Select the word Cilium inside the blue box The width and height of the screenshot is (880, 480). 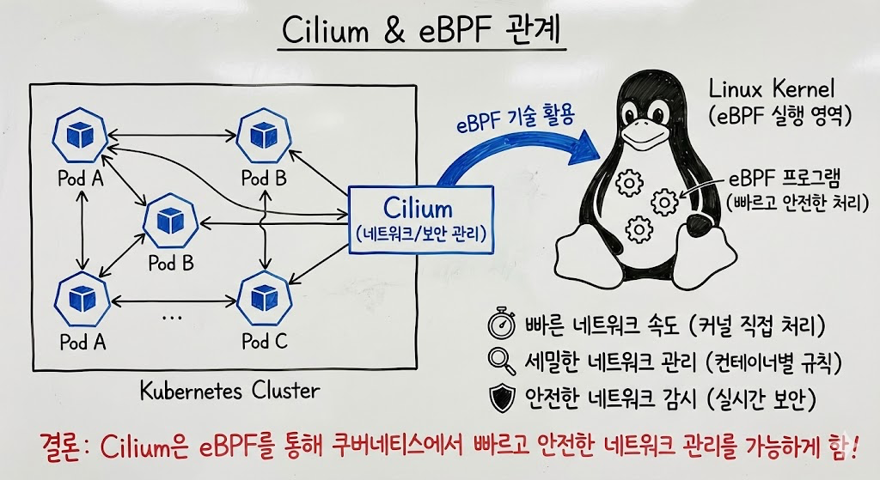click(x=418, y=208)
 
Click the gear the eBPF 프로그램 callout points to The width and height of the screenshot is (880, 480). click(x=665, y=201)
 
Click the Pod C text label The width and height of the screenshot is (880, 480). click(x=264, y=341)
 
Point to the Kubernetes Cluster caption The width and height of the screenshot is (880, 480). click(x=229, y=391)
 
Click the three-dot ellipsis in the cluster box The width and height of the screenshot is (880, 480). click(x=172, y=316)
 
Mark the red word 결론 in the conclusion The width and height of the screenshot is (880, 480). click(x=64, y=447)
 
